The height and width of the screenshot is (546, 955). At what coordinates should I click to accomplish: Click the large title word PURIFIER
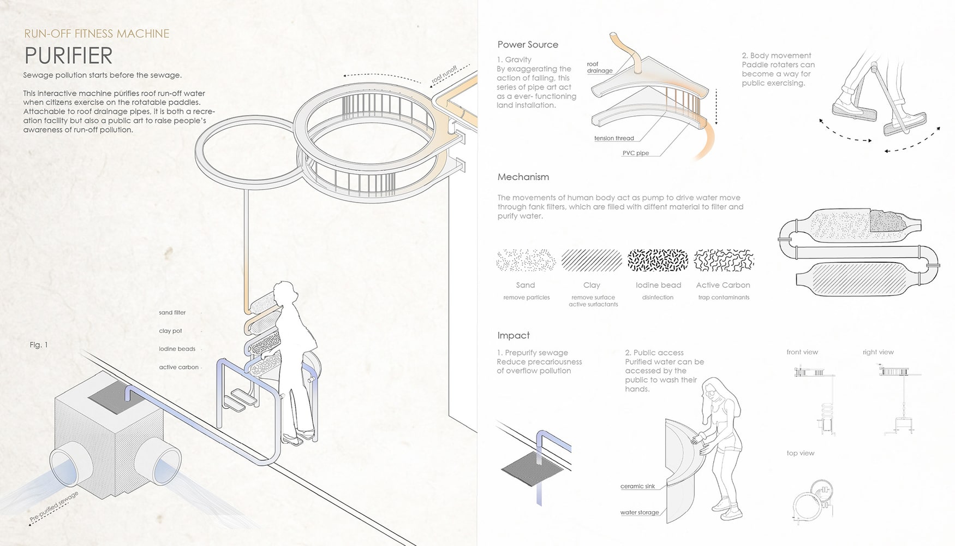[x=68, y=56]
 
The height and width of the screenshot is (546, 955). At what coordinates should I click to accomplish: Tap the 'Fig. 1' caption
[x=39, y=345]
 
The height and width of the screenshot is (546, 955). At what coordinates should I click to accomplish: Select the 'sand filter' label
[x=172, y=313]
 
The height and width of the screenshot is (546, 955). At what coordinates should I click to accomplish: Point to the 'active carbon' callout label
[x=179, y=367]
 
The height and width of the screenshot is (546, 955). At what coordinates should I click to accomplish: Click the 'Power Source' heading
[x=528, y=45]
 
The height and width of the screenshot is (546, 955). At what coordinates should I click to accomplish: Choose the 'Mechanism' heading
[x=523, y=177]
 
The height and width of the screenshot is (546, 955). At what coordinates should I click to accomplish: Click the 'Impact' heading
[x=514, y=335]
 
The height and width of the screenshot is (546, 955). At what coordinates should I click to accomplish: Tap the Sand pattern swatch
[x=526, y=260]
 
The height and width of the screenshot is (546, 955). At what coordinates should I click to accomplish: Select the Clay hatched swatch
[x=592, y=260]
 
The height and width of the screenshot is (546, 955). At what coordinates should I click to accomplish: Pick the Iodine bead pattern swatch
[x=658, y=260]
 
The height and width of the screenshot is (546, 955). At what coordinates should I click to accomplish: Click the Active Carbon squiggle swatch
[x=724, y=260]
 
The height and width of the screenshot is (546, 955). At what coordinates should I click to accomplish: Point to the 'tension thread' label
[x=614, y=139]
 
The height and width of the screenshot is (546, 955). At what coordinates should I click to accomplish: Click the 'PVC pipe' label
[x=636, y=153]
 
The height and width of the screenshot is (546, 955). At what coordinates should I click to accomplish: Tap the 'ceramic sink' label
[x=637, y=486]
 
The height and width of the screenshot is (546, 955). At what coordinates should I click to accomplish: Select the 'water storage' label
[x=640, y=513]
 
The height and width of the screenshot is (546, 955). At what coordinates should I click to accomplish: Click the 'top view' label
[x=801, y=453]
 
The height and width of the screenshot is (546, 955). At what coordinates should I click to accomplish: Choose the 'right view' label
[x=878, y=352]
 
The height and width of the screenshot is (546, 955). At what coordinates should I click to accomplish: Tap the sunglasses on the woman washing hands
[x=710, y=390]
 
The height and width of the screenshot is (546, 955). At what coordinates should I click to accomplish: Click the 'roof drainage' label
[x=600, y=67]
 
